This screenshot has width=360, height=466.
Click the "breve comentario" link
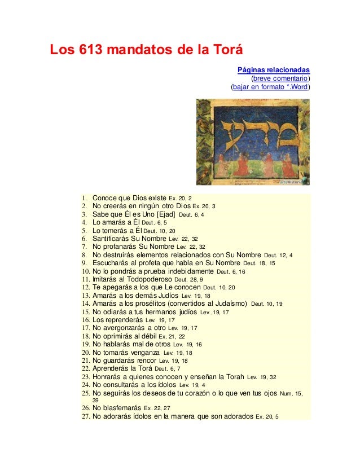pyautogui.click(x=280, y=78)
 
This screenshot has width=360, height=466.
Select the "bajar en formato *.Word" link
pyautogui.click(x=270, y=87)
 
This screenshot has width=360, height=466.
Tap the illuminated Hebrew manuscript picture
pyautogui.click(x=253, y=143)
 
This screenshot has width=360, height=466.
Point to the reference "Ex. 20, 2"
pyautogui.click(x=181, y=199)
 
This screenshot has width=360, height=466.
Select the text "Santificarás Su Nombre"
pyautogui.click(x=130, y=238)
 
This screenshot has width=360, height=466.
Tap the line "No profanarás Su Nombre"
pyautogui.click(x=133, y=247)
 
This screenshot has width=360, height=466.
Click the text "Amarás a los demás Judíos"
pyautogui.click(x=135, y=295)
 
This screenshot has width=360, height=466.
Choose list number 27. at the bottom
pyautogui.click(x=86, y=417)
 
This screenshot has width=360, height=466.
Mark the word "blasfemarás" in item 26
pyautogui.click(x=123, y=408)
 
